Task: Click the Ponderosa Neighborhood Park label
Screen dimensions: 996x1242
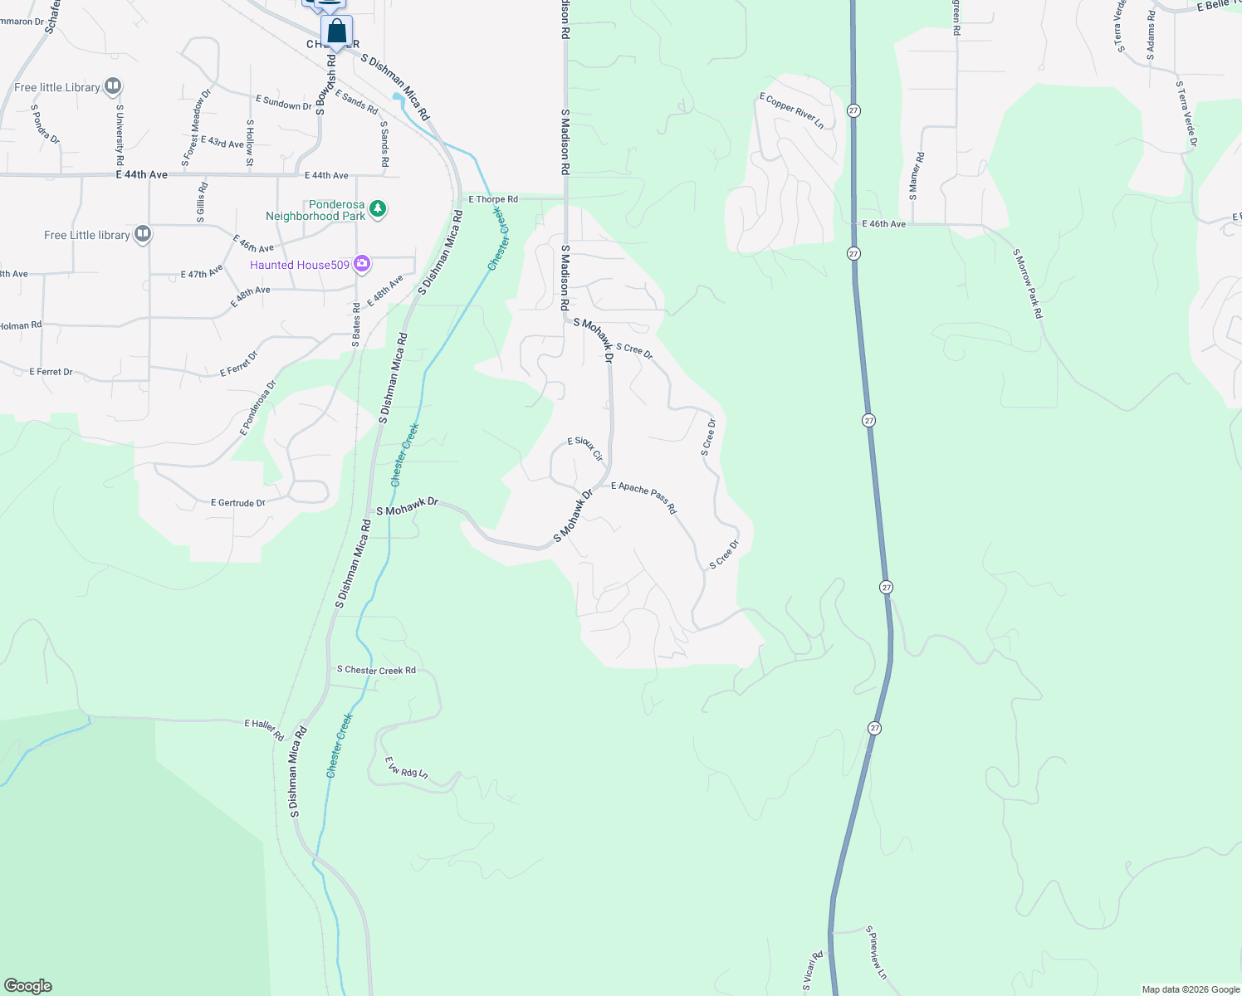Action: click(x=315, y=210)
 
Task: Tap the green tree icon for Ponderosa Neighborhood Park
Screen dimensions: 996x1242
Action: click(x=378, y=208)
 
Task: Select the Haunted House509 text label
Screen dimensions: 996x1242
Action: click(x=300, y=265)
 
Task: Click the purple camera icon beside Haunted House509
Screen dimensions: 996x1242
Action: click(x=361, y=264)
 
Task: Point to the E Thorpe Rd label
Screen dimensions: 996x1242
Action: click(x=493, y=199)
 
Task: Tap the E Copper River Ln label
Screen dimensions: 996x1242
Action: click(x=792, y=111)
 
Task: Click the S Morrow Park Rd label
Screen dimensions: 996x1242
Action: click(x=1028, y=284)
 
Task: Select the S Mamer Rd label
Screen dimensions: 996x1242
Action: click(x=916, y=176)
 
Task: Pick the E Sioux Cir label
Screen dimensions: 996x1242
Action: click(x=585, y=448)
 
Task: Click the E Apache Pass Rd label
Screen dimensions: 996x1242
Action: click(x=644, y=497)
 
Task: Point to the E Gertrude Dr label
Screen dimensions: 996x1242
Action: click(x=238, y=503)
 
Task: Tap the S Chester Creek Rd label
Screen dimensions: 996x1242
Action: click(x=376, y=670)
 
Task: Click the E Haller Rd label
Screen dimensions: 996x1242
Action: click(x=264, y=730)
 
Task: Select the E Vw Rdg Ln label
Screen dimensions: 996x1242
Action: click(x=406, y=768)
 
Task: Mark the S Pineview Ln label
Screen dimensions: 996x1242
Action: click(x=876, y=953)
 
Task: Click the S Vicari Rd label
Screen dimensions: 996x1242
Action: click(x=812, y=971)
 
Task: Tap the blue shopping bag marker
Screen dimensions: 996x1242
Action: click(x=336, y=32)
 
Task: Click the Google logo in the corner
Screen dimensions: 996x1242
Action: click(x=28, y=986)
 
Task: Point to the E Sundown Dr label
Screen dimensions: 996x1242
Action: click(x=284, y=103)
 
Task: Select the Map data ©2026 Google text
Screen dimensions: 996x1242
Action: click(x=1191, y=989)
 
